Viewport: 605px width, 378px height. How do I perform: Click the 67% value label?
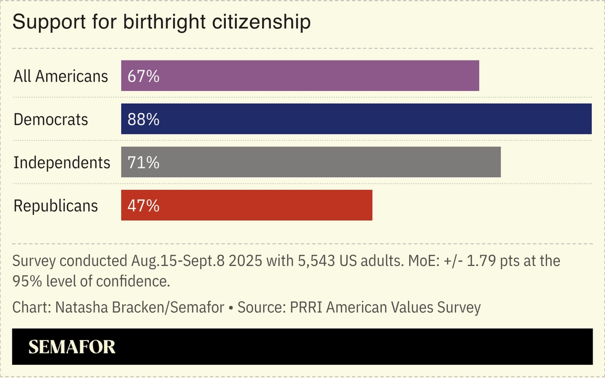143,76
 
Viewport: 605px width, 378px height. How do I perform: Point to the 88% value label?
143,120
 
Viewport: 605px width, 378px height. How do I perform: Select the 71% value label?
143,163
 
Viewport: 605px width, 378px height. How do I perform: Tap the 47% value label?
143,206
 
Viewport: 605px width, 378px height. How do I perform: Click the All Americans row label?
60,76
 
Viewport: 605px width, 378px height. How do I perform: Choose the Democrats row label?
50,120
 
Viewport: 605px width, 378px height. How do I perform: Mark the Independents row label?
61,163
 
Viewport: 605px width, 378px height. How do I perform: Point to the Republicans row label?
55,206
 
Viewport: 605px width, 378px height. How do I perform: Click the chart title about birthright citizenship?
161,22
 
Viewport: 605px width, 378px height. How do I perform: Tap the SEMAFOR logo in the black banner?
72,347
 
